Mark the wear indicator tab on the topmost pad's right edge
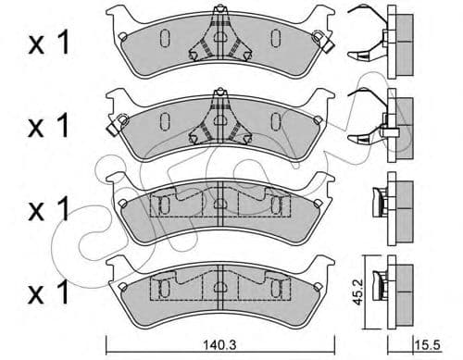[321, 40]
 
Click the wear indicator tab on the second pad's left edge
[117, 120]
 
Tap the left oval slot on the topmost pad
[163, 38]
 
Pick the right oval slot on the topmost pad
[275, 38]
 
